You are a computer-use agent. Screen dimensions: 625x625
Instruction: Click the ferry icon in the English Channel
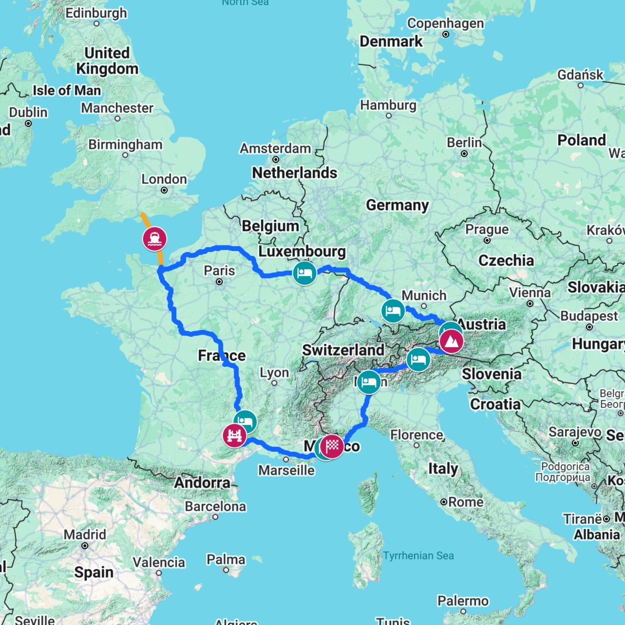click(155, 239)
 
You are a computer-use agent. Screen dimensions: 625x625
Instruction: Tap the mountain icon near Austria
click(452, 341)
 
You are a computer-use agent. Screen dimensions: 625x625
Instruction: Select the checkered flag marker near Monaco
click(332, 446)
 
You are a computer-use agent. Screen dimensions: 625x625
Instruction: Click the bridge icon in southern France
click(234, 435)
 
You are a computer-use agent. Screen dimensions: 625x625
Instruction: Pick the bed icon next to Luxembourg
click(304, 273)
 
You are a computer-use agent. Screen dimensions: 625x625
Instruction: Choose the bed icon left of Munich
click(393, 311)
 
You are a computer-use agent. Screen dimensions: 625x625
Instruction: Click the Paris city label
click(219, 270)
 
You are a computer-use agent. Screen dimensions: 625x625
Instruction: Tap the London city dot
click(164, 190)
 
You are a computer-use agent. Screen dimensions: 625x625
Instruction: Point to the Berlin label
click(464, 143)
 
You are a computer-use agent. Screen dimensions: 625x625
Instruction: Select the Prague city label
click(487, 230)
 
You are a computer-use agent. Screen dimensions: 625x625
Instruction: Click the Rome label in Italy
click(466, 502)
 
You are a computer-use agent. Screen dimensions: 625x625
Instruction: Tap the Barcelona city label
click(215, 506)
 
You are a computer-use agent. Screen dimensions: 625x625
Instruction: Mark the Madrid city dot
click(85, 546)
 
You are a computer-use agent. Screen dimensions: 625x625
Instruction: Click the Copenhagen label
click(445, 23)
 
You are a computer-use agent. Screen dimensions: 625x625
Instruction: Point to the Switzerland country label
click(343, 350)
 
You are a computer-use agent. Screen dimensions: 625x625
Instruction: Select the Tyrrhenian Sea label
click(418, 555)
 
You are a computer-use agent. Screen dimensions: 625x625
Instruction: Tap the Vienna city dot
click(530, 304)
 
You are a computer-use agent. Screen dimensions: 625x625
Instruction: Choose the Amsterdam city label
click(275, 148)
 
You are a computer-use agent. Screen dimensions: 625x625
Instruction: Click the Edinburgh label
click(96, 13)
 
